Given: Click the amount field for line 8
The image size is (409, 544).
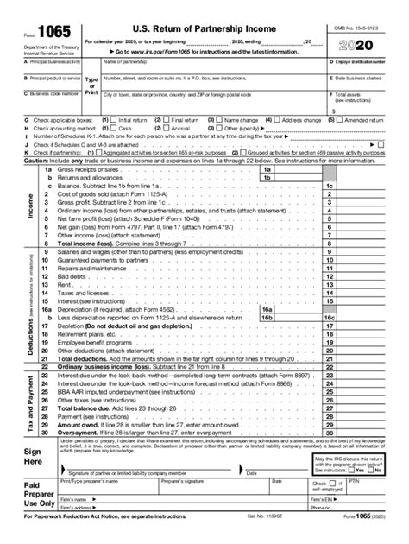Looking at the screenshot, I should (x=380, y=244).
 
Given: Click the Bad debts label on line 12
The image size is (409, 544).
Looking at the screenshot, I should (x=70, y=276).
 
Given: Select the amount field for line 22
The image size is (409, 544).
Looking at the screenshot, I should (x=380, y=366).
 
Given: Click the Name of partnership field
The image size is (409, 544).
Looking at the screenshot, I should (x=212, y=70).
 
